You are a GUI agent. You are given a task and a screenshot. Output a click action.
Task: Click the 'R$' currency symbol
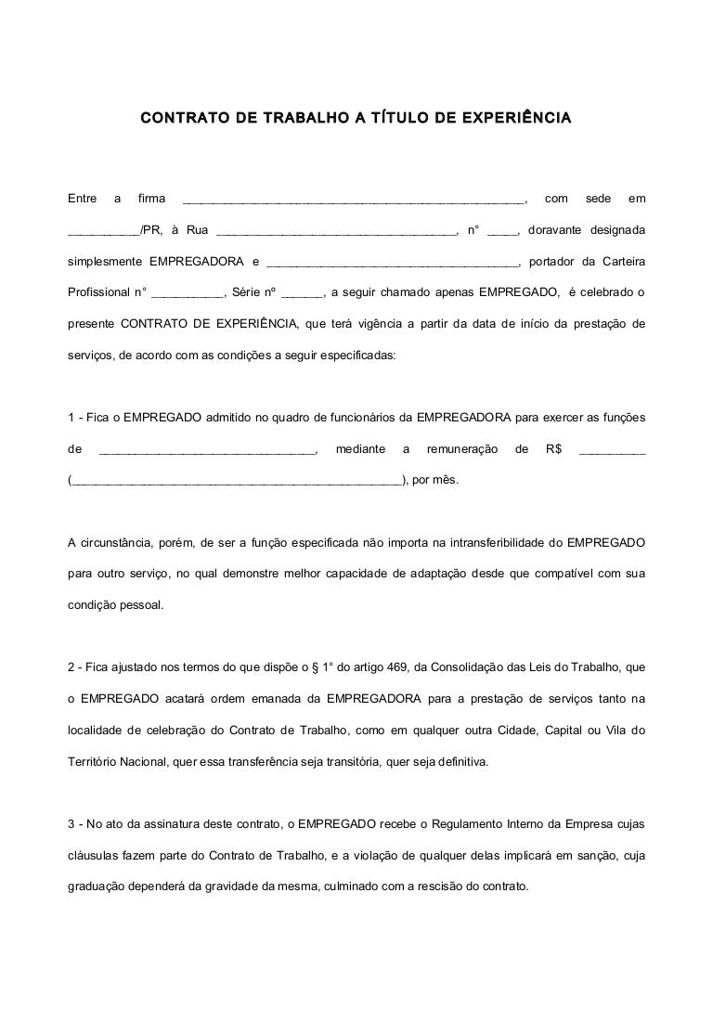pyautogui.click(x=554, y=449)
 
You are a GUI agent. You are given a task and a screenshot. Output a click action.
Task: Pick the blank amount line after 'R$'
pyautogui.click(x=612, y=452)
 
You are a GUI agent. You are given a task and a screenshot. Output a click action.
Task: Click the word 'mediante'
pyautogui.click(x=360, y=449)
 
